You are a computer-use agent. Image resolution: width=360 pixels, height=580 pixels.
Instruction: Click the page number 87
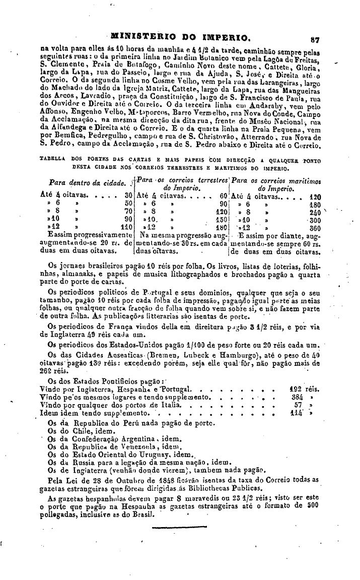point(316,38)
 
